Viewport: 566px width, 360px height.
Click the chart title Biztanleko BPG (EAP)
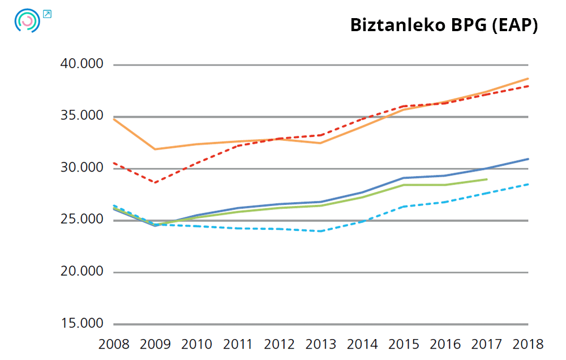[x=443, y=25]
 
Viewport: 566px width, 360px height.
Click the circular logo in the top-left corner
[x=27, y=21]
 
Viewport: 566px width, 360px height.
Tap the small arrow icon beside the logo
[x=47, y=14]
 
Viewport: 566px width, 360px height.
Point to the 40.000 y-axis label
[x=82, y=64]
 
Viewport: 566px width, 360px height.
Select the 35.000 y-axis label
[x=82, y=116]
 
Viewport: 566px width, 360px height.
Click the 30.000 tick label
[x=82, y=168]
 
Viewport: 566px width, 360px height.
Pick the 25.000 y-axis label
[x=82, y=220]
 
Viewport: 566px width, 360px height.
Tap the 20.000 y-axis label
[x=82, y=272]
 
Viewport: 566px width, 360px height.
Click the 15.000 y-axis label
[x=82, y=324]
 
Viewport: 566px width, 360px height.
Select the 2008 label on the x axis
[x=114, y=344]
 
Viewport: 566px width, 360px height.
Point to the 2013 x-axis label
[x=321, y=344]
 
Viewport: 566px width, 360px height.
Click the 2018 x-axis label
[x=528, y=344]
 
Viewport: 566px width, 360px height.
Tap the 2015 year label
[x=404, y=344]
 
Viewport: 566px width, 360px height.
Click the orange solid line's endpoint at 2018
[x=528, y=79]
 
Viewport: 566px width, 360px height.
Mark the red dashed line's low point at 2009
[x=155, y=182]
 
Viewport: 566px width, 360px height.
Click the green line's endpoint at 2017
[x=487, y=179]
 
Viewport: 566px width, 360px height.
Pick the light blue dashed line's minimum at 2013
[x=321, y=231]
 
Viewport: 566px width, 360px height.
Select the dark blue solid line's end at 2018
[x=528, y=159]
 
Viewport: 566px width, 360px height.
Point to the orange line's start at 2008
[x=114, y=119]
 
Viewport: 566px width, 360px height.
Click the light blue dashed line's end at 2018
[x=528, y=184]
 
